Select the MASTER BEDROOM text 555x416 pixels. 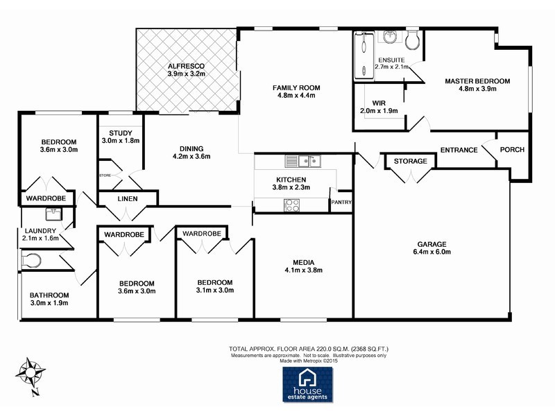click(477, 81)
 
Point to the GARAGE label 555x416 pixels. click(432, 243)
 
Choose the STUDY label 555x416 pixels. click(121, 132)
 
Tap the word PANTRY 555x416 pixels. click(341, 202)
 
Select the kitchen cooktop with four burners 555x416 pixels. click(292, 205)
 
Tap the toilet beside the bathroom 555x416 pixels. click(32, 261)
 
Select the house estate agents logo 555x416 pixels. click(307, 384)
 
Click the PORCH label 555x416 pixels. click(512, 150)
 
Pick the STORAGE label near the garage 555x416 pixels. click(411, 161)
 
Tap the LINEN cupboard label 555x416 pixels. click(128, 200)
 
